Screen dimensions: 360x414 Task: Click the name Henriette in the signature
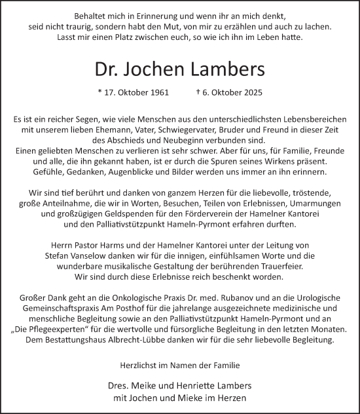click(209, 386)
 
